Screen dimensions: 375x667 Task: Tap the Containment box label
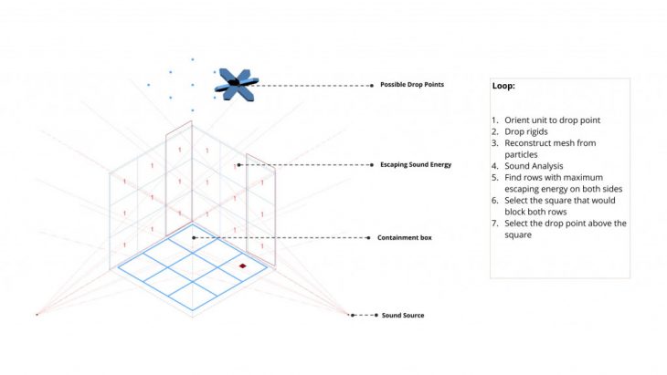[404, 238]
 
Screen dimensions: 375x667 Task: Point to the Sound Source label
[402, 316]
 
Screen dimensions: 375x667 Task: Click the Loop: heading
[503, 86]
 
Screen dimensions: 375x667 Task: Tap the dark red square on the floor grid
[243, 266]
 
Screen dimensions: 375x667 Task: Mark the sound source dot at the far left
[37, 315]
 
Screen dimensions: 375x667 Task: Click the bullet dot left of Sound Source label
[353, 316]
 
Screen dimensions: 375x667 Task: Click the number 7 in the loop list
[494, 224]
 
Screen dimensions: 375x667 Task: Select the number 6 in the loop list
[494, 200]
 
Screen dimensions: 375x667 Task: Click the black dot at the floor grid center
[193, 238]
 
